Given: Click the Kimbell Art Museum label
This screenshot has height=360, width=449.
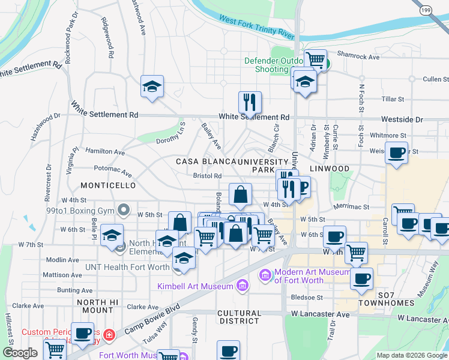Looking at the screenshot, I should [195, 286].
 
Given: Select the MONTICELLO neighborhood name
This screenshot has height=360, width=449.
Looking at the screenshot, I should [109, 185].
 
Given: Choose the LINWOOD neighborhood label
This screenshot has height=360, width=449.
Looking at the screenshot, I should [330, 168].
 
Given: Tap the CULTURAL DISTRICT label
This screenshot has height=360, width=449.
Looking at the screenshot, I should [239, 317].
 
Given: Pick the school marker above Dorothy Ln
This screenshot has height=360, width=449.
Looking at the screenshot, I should [152, 86].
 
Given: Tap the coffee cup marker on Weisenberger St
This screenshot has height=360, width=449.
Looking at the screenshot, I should [397, 152].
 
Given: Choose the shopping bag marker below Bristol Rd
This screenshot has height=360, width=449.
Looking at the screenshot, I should [240, 194].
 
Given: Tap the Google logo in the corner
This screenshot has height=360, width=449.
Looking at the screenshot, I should [19, 353].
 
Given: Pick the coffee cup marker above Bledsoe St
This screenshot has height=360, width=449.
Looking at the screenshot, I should [361, 278].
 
